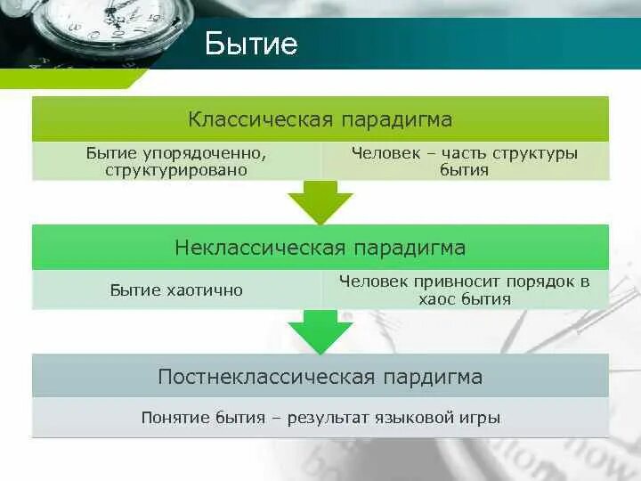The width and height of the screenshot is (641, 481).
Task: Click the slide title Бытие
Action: click(250, 44)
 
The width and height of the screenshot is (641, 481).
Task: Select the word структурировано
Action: click(174, 170)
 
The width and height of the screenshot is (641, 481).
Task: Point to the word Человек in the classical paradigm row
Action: click(382, 153)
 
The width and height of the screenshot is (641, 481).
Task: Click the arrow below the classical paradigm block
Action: click(320, 203)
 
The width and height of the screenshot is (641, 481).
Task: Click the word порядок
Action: click(539, 281)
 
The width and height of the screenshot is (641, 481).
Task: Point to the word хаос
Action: click(437, 299)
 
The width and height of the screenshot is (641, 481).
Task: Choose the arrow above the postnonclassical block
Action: click(320, 331)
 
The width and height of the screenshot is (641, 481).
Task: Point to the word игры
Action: click(484, 418)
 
